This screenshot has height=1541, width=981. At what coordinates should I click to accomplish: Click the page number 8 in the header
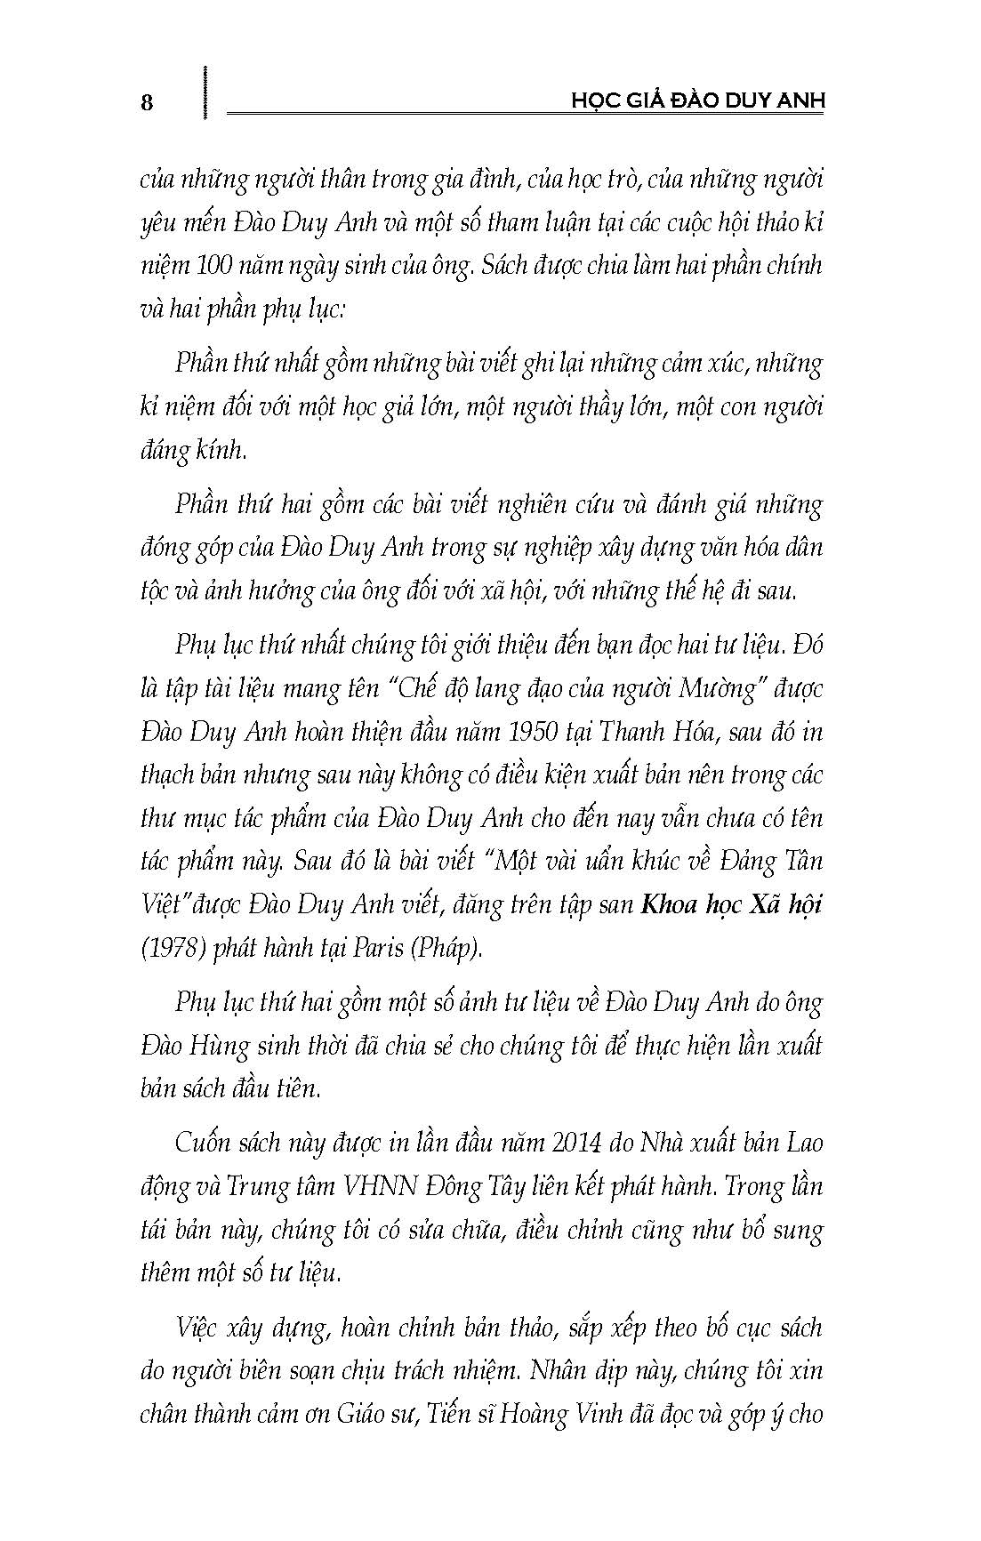coord(148,102)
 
